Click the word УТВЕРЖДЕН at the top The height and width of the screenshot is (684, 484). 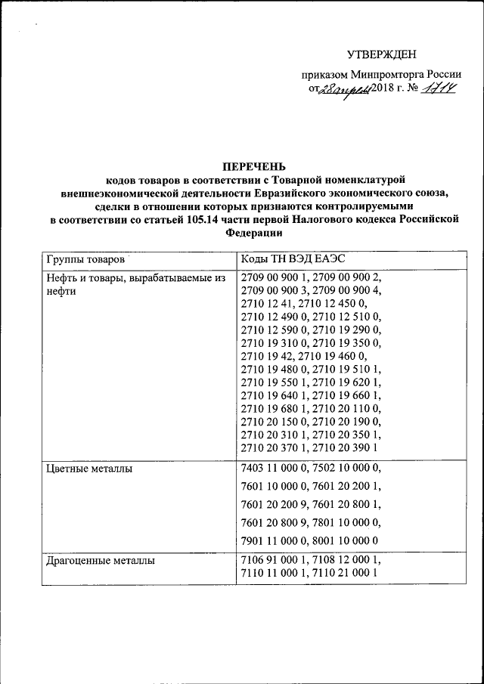[x=381, y=54]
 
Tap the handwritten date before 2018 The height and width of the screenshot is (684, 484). [x=343, y=91]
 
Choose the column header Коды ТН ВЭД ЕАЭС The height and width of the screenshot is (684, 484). [x=293, y=259]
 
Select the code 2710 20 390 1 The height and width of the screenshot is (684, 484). [x=348, y=449]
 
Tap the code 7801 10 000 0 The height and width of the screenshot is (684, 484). [x=347, y=522]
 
